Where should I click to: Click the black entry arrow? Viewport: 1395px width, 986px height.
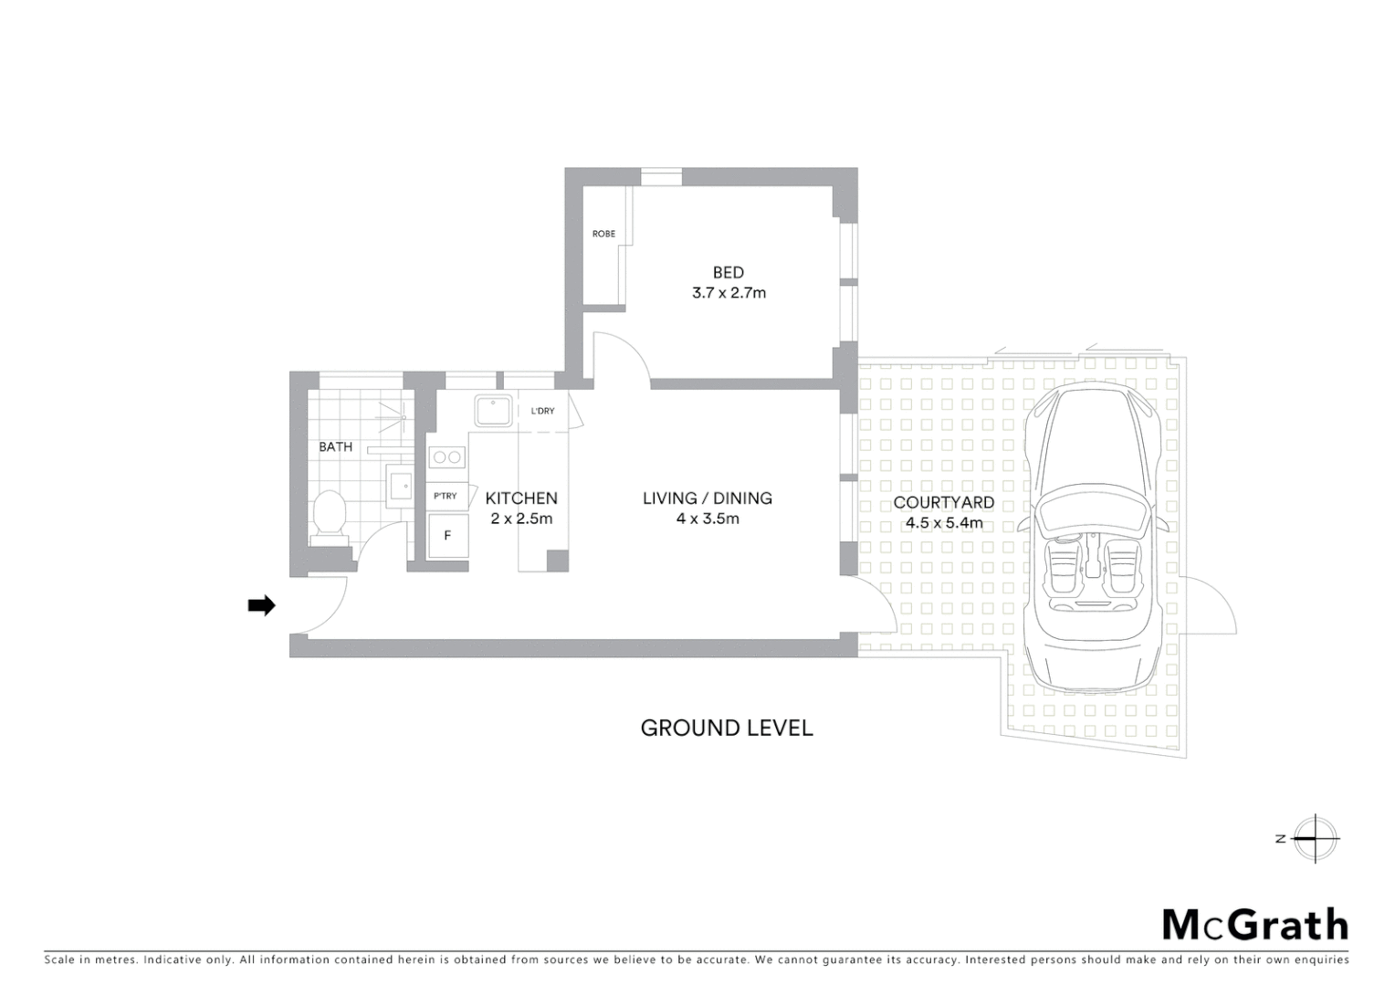[x=262, y=605]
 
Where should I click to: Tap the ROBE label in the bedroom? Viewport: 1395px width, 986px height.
[x=603, y=234]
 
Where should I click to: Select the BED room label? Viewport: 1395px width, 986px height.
[x=728, y=272]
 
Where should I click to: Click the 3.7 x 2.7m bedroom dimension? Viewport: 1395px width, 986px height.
[x=728, y=293]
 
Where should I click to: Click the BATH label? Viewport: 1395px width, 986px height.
[x=335, y=446]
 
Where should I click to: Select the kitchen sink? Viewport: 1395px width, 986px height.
[x=493, y=411]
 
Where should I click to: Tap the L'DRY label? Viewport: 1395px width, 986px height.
[x=542, y=411]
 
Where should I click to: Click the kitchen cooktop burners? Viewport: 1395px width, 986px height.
[x=447, y=456]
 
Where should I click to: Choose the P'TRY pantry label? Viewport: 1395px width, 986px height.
[x=446, y=496]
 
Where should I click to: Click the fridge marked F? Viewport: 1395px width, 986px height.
[x=447, y=536]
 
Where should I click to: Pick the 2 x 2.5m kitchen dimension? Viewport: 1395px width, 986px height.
[x=521, y=519]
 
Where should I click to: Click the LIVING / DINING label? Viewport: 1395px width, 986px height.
[x=708, y=498]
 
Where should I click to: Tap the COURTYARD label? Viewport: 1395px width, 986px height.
[x=943, y=502]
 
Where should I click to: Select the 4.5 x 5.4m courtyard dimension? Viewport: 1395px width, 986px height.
[x=943, y=523]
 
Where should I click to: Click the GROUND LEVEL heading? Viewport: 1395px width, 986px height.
[x=727, y=728]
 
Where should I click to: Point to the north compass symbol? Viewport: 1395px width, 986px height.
[x=1315, y=838]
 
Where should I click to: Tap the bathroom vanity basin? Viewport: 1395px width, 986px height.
[x=400, y=487]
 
